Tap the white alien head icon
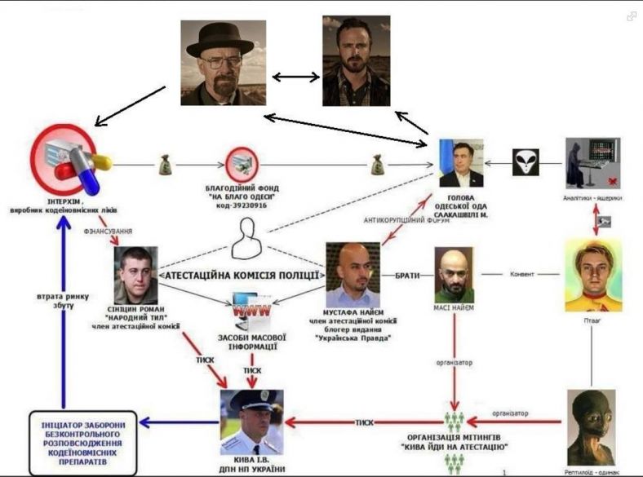coord(525,162)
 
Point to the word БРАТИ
coord(407,276)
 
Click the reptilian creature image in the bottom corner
coord(592,427)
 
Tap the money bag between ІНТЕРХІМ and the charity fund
coord(163,166)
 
